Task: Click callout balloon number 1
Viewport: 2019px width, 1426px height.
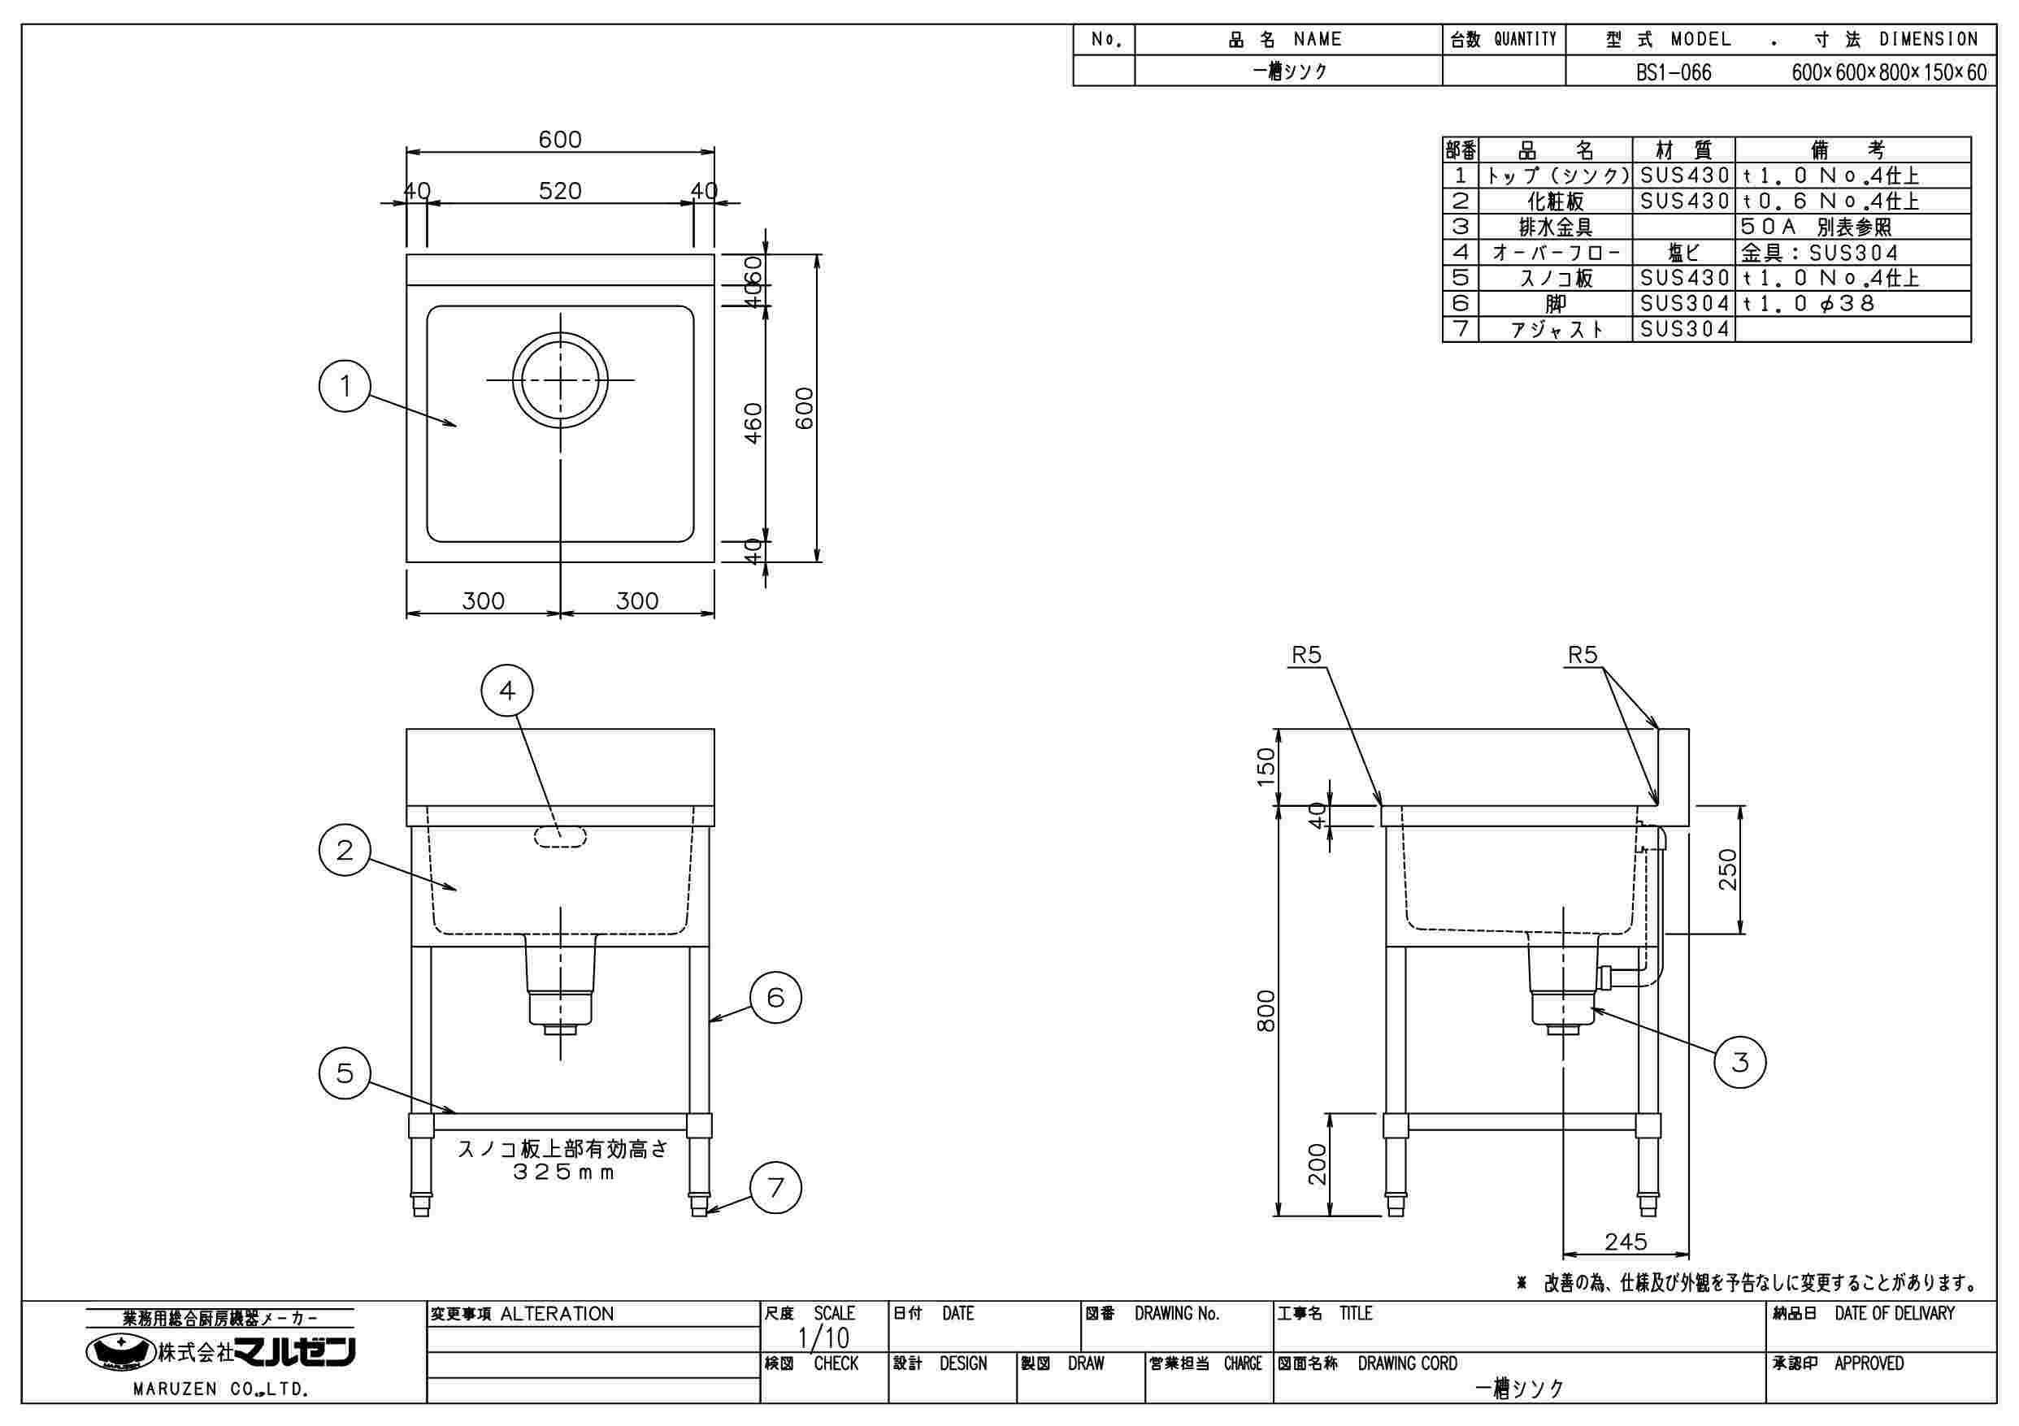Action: (345, 386)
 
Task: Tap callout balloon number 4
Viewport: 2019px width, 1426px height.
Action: (507, 691)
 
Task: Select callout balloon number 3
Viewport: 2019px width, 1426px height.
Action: (1740, 1063)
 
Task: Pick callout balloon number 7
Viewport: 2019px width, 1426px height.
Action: (775, 1189)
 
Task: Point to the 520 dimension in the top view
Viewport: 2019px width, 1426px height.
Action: (560, 191)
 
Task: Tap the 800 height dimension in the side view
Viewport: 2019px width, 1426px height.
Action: (1266, 1011)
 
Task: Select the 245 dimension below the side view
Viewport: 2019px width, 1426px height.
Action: (1625, 1242)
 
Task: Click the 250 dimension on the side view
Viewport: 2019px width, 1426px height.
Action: (1728, 869)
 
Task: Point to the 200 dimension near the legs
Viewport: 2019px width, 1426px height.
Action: (1317, 1164)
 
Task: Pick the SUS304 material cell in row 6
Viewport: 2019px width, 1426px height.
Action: (1684, 304)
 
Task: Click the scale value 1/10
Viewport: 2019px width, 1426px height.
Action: (823, 1338)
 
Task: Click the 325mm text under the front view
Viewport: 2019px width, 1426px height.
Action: (562, 1172)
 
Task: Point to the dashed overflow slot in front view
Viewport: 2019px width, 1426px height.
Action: (560, 836)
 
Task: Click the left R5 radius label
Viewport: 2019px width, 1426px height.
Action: (1307, 655)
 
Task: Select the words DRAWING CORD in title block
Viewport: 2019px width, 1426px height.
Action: (1407, 1363)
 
